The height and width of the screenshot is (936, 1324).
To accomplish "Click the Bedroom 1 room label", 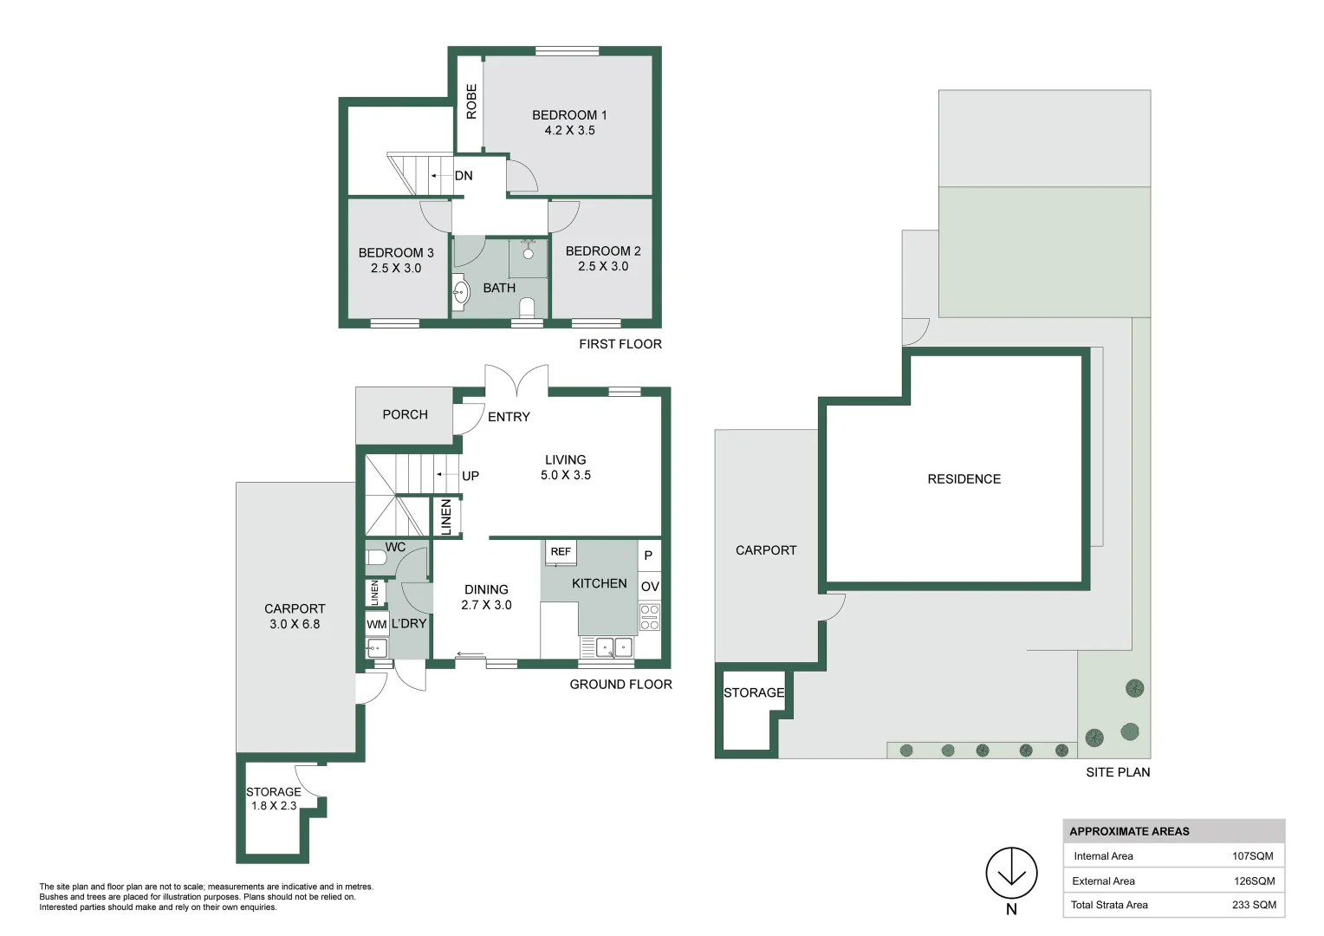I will (x=569, y=115).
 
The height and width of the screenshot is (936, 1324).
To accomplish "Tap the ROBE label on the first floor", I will (x=471, y=101).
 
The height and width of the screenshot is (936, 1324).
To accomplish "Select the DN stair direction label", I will (x=464, y=176).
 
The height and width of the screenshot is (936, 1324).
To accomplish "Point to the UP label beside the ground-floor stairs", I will (x=471, y=476).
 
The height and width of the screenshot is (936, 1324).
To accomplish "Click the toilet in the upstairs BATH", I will (x=527, y=306).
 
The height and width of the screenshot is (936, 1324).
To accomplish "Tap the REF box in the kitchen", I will (x=561, y=552).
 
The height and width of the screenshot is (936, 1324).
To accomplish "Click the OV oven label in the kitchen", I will (x=650, y=587).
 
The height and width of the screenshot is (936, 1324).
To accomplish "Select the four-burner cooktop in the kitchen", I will (x=650, y=617).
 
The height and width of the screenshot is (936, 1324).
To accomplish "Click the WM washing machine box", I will (x=377, y=624).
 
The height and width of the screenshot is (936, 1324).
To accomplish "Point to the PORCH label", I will (x=406, y=415).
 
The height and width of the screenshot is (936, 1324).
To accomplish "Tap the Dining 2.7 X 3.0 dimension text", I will (x=486, y=606).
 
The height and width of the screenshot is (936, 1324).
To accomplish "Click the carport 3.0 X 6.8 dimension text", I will (x=295, y=624).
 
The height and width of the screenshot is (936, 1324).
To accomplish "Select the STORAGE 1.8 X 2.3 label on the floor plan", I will (x=274, y=798).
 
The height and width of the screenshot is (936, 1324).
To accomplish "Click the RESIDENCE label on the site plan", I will (x=964, y=479).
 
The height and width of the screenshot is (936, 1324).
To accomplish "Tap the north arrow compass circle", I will (x=1011, y=873).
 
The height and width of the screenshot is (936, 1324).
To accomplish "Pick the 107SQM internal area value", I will (x=1252, y=856).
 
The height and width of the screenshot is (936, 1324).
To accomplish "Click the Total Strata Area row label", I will (x=1109, y=905).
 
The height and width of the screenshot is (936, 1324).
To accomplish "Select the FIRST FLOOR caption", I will (x=620, y=344).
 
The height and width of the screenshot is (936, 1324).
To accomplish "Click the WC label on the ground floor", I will (x=395, y=548).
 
